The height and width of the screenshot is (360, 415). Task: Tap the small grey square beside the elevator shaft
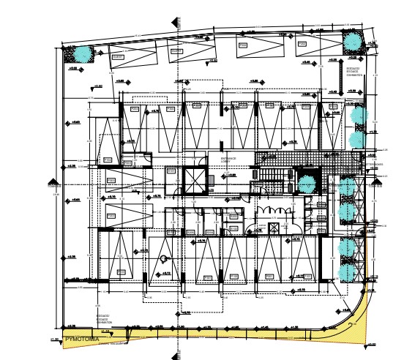point(212,179)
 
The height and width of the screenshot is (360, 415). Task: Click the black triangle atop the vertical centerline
point(173,21)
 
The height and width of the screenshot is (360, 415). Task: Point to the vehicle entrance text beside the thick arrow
point(354,72)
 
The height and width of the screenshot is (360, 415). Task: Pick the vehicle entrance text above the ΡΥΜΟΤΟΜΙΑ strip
point(105,320)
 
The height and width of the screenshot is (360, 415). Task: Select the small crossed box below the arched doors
point(274,228)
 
